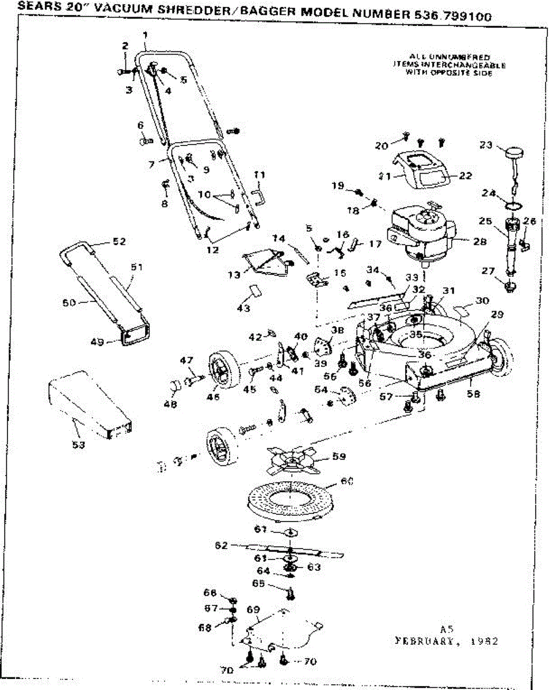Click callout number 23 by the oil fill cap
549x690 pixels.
click(486, 145)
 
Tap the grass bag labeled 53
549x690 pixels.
click(89, 405)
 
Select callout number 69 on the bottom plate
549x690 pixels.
click(253, 609)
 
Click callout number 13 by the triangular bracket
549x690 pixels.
click(234, 275)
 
